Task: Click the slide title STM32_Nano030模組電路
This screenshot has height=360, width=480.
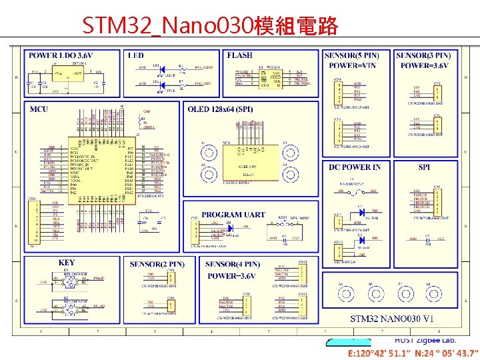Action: coord(210,27)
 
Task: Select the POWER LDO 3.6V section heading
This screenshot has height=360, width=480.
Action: coord(61,55)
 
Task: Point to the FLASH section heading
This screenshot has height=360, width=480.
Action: coord(240,55)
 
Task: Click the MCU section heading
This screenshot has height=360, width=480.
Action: coord(39,109)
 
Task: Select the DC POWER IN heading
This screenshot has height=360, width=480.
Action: coord(355,167)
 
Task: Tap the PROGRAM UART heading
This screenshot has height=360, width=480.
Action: coord(233,215)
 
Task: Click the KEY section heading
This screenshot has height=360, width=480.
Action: coord(67,263)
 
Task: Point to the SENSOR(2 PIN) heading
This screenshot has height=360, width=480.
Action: coord(157,265)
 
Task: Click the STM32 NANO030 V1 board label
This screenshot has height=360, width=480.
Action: coord(392,319)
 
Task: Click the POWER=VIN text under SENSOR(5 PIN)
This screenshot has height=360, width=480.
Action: coord(353,65)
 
